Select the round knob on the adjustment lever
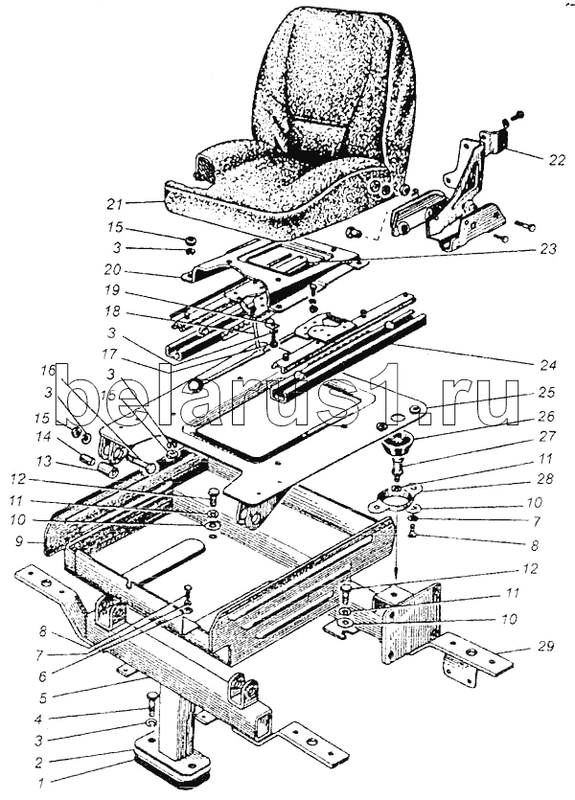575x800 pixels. (197, 384)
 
